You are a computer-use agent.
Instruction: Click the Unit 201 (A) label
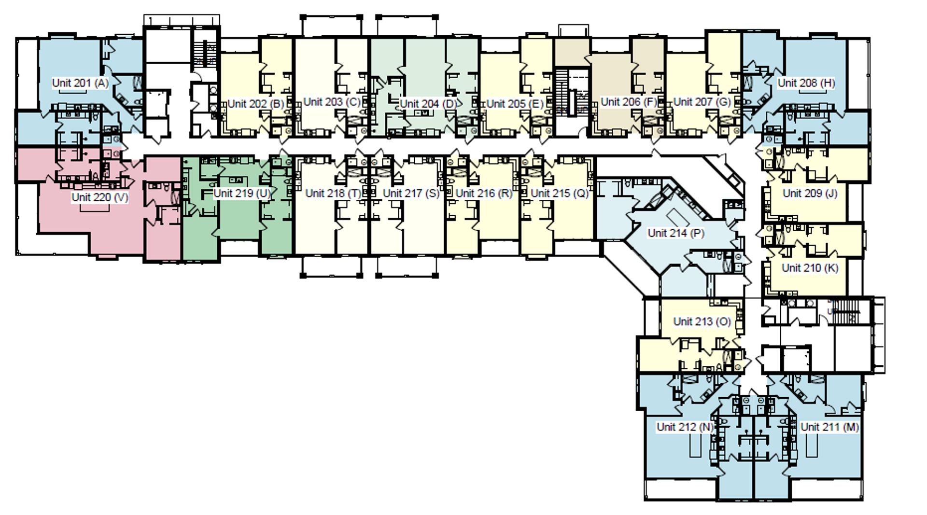click(x=80, y=83)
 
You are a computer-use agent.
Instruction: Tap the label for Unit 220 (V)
click(x=99, y=197)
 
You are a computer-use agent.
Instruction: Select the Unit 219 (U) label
click(x=241, y=194)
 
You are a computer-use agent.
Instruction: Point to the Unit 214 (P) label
click(x=675, y=233)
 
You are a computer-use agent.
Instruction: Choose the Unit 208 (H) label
click(x=806, y=83)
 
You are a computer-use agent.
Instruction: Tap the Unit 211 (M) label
click(x=829, y=427)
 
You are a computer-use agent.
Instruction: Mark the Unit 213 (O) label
click(x=702, y=321)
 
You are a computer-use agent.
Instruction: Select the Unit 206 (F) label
click(x=629, y=102)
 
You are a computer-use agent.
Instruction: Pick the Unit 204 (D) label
click(x=428, y=104)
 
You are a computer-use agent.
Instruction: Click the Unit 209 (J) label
click(x=810, y=194)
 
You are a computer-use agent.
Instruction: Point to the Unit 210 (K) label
click(x=810, y=268)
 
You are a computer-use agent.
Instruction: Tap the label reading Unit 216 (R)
click(x=484, y=194)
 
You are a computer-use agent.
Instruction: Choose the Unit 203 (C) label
click(x=332, y=102)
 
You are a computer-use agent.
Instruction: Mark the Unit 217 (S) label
click(x=411, y=194)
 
